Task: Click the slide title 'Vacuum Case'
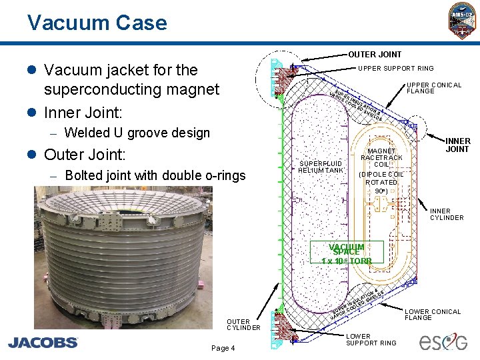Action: (x=97, y=23)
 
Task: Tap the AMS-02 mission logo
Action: (x=461, y=19)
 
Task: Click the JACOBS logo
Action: (x=43, y=342)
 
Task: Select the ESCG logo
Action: (x=444, y=341)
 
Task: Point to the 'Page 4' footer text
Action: (x=223, y=348)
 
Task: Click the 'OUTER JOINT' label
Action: (x=375, y=54)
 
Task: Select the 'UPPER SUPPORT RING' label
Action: (x=396, y=68)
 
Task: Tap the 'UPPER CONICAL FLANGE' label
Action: (x=434, y=88)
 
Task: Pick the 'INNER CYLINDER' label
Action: (x=446, y=214)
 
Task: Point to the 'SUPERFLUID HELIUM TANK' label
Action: (x=321, y=167)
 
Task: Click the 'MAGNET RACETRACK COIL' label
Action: (x=381, y=157)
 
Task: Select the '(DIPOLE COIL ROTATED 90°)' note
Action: (x=381, y=183)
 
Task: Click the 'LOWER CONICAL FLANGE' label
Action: (x=433, y=315)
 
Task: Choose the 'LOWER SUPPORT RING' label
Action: (x=371, y=339)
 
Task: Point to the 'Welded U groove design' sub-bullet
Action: (x=137, y=133)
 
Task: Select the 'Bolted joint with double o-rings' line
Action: (x=155, y=175)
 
